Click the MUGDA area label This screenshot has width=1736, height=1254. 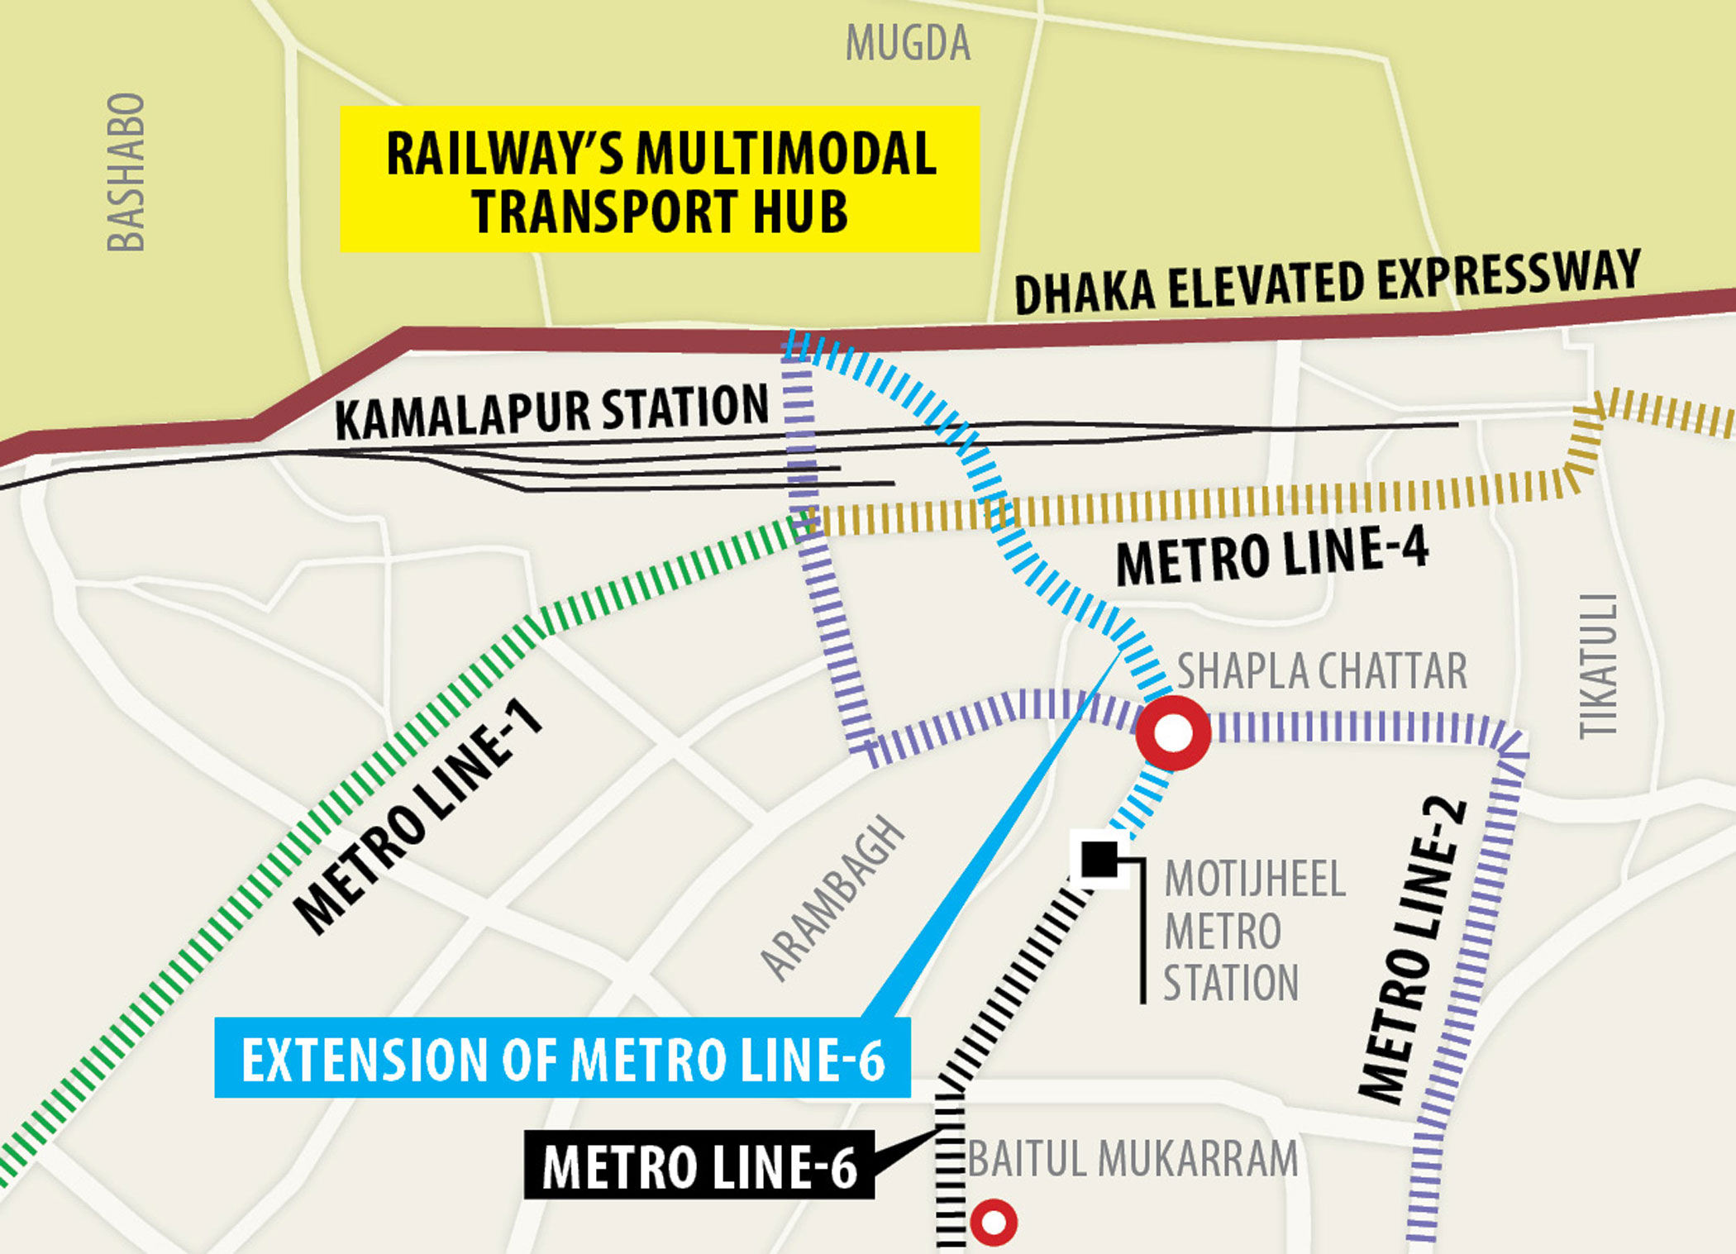tap(908, 44)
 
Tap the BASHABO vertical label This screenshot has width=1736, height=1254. tap(126, 172)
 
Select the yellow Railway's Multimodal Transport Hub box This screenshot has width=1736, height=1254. tap(660, 179)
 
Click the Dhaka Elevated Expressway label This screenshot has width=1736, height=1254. tap(1327, 282)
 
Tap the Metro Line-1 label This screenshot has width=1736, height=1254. tap(418, 816)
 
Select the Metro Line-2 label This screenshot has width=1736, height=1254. tap(1414, 951)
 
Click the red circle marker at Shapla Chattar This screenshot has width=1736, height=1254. tap(1173, 733)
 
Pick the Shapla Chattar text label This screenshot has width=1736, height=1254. tap(1321, 670)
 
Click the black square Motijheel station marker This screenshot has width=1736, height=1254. tap(1099, 859)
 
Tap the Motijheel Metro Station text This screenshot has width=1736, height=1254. tap(1252, 931)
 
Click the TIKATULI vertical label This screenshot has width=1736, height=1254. tap(1598, 665)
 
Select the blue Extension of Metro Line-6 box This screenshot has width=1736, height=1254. tap(562, 1058)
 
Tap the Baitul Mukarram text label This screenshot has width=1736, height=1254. tap(1133, 1159)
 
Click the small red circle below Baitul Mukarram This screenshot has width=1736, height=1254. tap(993, 1222)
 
